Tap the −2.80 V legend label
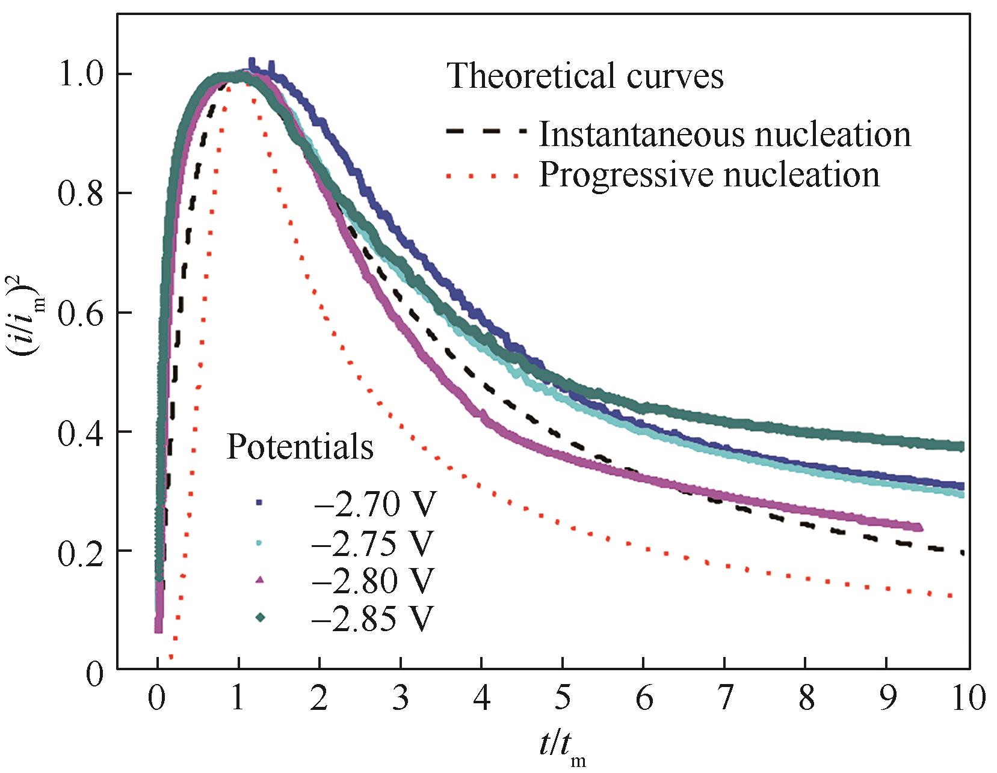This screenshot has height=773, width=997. click(x=372, y=580)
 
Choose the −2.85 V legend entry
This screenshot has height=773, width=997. click(x=372, y=617)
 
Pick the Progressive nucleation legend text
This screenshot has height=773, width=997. click(x=709, y=174)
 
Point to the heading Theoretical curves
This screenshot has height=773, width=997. click(x=585, y=76)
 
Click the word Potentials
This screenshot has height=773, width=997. click(x=300, y=447)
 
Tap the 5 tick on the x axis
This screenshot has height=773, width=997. click(x=563, y=698)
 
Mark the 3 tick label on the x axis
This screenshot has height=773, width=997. click(x=400, y=698)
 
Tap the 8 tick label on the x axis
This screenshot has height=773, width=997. click(x=806, y=698)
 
